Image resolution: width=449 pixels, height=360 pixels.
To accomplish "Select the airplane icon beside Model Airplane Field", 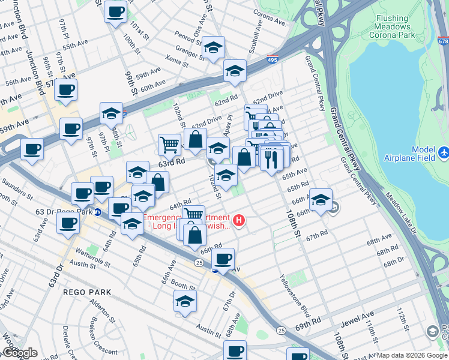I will coord(443,153).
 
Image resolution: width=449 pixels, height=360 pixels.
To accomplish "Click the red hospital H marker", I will coord(240,221).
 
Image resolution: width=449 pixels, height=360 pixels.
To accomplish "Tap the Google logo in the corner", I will coord(19,353).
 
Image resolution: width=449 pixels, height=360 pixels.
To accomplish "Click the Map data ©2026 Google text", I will coord(412,355).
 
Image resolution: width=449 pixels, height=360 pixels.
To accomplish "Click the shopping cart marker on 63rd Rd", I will coord(170,144).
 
